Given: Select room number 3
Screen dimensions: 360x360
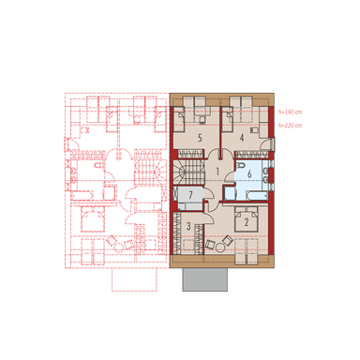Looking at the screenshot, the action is tap(187, 226).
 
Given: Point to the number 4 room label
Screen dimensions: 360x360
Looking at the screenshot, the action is tap(243, 139).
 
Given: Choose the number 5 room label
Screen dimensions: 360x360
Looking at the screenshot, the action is tap(199, 138).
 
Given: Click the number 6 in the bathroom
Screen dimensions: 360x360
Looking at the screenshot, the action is tap(248, 173).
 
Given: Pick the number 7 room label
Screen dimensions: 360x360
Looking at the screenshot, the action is tap(189, 194).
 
